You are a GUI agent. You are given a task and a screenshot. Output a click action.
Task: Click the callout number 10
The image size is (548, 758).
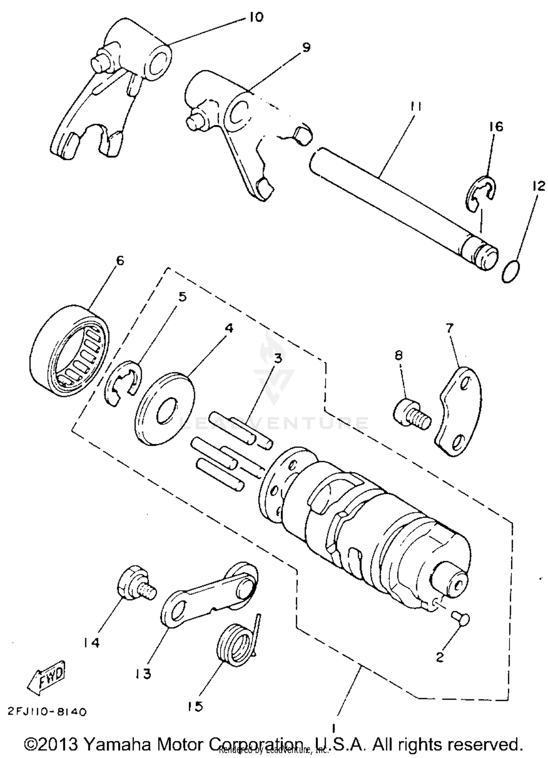pos(256,17)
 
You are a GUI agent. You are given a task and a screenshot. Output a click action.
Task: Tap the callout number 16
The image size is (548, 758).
pos(496,127)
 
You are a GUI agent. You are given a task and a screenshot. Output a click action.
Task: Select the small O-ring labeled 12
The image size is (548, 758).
pos(511,272)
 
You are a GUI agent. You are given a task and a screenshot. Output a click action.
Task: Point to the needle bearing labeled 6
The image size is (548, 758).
pos(69,351)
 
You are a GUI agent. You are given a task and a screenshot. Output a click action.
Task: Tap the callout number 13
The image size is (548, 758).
pos(142,673)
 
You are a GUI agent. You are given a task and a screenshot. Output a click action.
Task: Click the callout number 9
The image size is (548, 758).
pos(306,47)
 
